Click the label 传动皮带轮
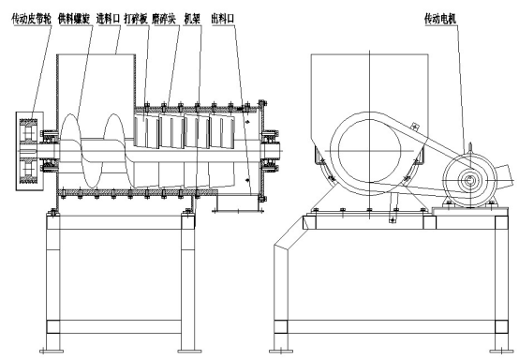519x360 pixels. tap(32, 19)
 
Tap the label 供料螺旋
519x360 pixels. tap(74, 19)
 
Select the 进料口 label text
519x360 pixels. tap(108, 19)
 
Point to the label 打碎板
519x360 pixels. tap(136, 19)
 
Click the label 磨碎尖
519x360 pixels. tap(164, 19)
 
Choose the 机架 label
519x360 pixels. tap(192, 19)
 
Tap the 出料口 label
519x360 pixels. tap(223, 19)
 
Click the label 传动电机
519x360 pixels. tap(440, 19)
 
